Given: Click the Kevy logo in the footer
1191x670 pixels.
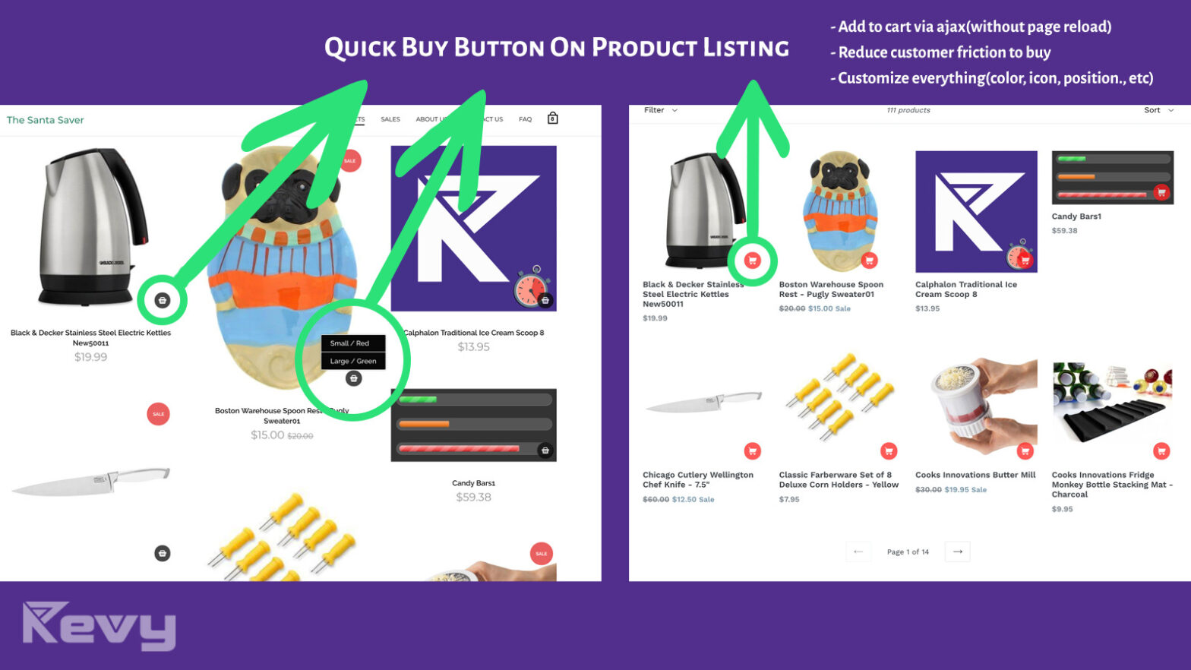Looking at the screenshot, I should (100, 626).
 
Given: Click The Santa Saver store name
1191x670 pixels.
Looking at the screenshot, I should (46, 120).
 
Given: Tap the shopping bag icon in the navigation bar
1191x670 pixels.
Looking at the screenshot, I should (553, 119).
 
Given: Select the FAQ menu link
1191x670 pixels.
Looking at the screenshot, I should (525, 119).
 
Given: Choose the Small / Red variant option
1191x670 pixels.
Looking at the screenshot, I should (350, 343).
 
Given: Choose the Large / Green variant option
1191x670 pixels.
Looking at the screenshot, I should (353, 361).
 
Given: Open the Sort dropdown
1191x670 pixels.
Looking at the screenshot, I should (1158, 110).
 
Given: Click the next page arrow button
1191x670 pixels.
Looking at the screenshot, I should (957, 551).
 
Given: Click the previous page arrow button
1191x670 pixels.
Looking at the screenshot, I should (858, 551).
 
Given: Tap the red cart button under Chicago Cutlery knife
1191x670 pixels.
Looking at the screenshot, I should (752, 451).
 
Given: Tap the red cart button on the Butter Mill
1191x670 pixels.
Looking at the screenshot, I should (1025, 451).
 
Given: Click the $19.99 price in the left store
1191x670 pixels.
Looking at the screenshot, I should (90, 357).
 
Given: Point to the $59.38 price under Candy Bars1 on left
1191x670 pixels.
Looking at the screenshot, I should (473, 498).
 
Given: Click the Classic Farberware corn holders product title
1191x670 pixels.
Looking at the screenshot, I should (838, 479).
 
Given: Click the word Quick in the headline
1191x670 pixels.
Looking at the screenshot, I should (360, 48).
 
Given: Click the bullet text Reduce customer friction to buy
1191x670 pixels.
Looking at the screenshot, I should (944, 52).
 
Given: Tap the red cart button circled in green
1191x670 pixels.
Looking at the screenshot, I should (752, 261).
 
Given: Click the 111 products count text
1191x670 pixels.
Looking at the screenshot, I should (908, 110).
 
